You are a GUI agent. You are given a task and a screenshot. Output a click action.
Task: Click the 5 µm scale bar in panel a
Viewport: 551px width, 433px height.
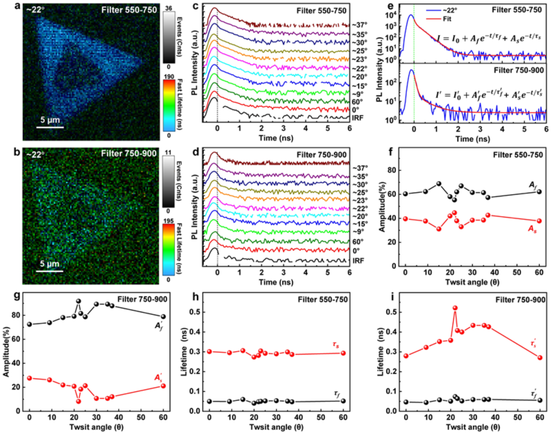point(50,127)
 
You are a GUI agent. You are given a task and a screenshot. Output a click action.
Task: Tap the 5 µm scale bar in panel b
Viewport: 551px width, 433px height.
point(50,271)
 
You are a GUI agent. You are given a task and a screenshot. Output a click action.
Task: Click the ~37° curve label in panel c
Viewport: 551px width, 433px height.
point(360,25)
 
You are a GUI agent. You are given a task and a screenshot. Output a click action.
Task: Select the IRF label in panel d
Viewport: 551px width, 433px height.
point(358,260)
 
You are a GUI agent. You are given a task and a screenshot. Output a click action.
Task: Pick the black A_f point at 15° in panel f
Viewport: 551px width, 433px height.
point(439,184)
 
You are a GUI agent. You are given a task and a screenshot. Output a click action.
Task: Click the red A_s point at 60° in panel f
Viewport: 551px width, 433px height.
point(539,221)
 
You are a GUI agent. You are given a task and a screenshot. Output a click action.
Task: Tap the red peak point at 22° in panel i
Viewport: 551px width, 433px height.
point(455,308)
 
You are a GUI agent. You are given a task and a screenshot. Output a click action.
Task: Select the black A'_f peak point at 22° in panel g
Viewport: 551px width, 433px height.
point(79,301)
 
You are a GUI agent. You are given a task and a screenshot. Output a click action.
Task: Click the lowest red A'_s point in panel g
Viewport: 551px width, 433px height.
point(79,401)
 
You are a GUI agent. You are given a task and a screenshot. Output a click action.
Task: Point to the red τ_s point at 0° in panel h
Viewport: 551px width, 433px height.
point(210,351)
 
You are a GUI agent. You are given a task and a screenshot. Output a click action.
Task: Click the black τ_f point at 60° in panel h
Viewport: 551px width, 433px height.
point(343,401)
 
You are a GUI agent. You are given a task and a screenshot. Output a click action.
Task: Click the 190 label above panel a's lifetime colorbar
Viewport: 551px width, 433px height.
point(169,77)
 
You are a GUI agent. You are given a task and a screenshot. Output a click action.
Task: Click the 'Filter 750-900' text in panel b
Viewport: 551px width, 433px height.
point(129,154)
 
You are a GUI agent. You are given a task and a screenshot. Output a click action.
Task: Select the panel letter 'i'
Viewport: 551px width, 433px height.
point(393,297)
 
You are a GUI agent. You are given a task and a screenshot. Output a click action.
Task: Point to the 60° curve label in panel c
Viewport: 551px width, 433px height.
point(358,102)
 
